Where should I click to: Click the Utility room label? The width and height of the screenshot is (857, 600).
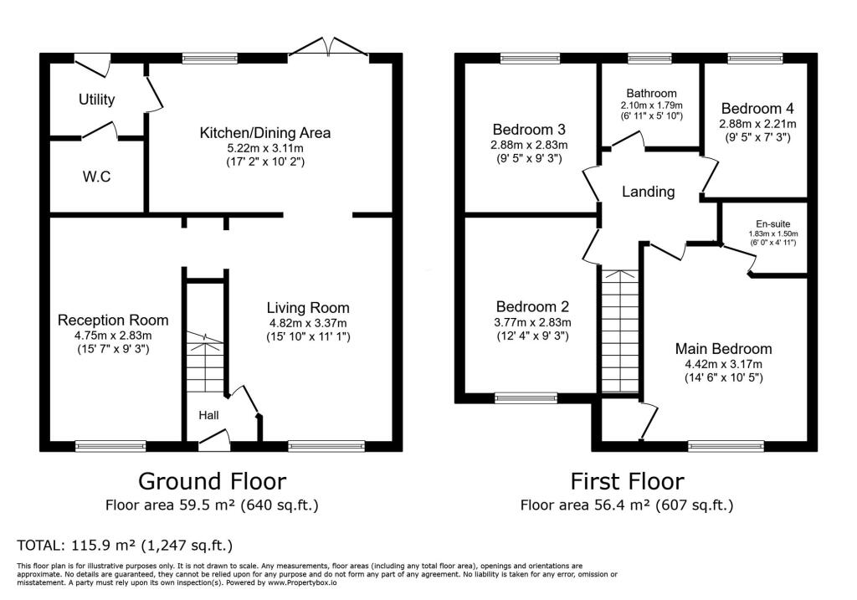pos(96,100)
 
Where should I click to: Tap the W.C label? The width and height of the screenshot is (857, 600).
pos(96,177)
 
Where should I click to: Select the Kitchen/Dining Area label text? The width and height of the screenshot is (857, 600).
pos(264,132)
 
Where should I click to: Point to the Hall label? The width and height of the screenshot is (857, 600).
pos(208,415)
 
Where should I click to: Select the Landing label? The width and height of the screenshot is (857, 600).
pos(648,192)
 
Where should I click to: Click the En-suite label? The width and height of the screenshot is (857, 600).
pos(762,224)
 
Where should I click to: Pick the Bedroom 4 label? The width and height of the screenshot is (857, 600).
pos(757,108)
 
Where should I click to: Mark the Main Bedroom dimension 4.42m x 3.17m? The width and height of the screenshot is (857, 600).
pos(724,364)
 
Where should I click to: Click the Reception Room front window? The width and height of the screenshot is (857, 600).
pos(111,446)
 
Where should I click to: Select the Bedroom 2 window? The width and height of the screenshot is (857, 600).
pos(526,398)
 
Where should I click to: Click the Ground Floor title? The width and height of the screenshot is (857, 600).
pos(212,481)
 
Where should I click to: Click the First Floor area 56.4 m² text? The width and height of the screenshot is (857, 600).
pos(626,505)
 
